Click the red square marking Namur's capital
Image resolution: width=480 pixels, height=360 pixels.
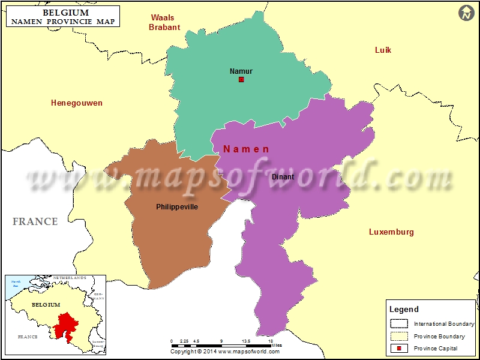tap(241, 79)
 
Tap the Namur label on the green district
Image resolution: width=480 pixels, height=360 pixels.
tap(241, 71)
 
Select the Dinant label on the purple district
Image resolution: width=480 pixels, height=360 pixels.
tap(283, 176)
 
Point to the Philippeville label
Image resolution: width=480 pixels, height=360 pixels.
tap(177, 206)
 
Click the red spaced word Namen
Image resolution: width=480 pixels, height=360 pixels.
tap(246, 149)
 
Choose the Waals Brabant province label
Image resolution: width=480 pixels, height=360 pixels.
tap(164, 22)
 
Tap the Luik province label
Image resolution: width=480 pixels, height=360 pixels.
tap(383, 50)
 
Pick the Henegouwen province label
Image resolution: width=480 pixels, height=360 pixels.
tap(76, 103)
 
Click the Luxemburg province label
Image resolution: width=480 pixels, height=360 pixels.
tap(391, 232)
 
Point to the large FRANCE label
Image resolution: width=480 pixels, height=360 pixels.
tap(35, 221)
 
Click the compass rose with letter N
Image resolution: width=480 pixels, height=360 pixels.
tap(467, 13)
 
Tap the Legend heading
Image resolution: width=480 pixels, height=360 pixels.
tap(404, 310)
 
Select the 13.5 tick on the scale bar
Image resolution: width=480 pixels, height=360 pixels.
tap(246, 340)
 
